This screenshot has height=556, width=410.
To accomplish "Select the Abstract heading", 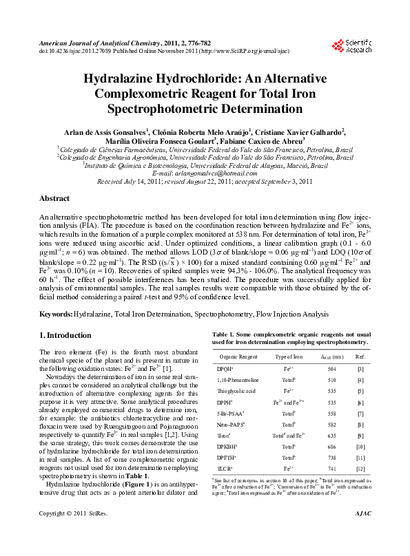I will [x=54, y=198].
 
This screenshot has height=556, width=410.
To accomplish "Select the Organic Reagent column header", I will [x=238, y=356].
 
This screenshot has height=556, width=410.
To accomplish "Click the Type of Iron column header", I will [x=289, y=356].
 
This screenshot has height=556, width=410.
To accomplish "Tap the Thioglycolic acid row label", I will [x=238, y=389].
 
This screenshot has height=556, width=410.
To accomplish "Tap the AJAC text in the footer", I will [x=361, y=533].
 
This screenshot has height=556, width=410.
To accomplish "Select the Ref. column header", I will [x=360, y=356].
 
